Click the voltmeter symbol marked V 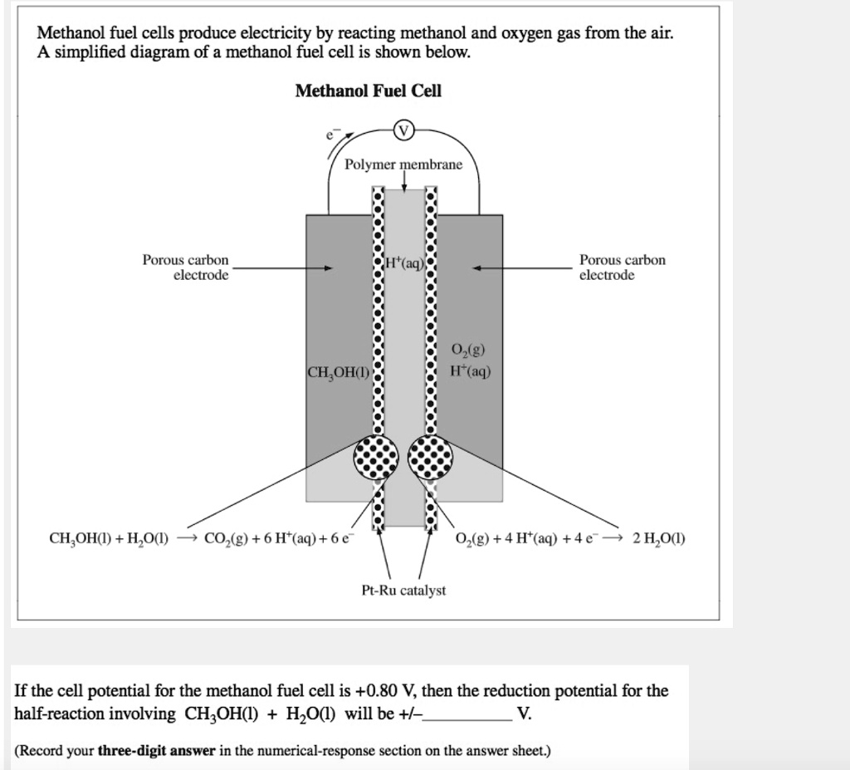click(x=403, y=131)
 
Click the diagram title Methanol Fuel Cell click(x=368, y=91)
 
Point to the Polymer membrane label click(x=403, y=164)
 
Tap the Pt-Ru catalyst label click(x=403, y=590)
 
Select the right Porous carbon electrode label click(x=622, y=267)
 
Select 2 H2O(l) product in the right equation click(x=658, y=537)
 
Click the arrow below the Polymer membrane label click(x=403, y=180)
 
